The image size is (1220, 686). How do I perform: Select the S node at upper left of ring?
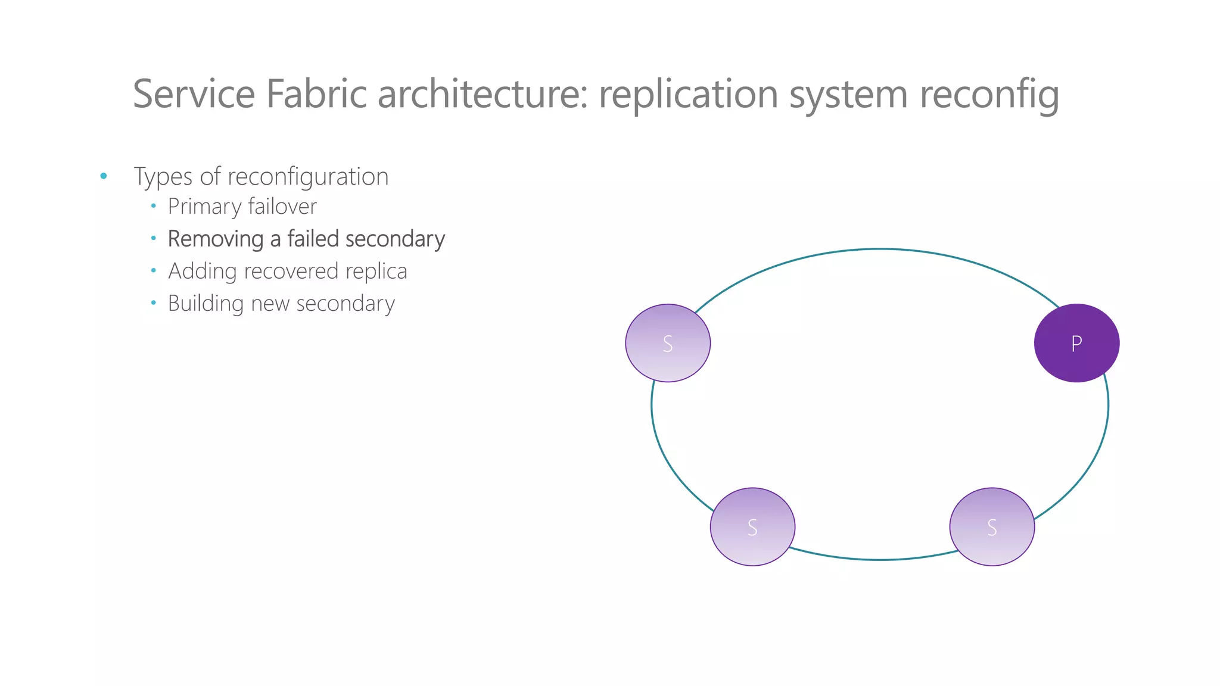[667, 344]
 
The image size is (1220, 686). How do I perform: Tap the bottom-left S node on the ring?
[752, 527]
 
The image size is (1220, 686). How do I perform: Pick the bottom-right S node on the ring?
[992, 527]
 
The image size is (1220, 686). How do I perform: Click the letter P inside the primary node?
[1076, 344]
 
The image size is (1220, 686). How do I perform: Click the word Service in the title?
[194, 94]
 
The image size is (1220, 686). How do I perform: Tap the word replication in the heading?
[688, 94]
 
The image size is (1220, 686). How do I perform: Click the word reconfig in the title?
[989, 94]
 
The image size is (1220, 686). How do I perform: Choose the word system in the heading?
[848, 94]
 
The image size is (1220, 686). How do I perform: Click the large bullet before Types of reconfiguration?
[104, 176]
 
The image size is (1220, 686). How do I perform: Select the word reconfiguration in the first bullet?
[308, 177]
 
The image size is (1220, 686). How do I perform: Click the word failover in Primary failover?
[282, 207]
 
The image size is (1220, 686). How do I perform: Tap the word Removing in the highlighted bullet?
[216, 239]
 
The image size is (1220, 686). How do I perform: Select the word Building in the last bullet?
[206, 304]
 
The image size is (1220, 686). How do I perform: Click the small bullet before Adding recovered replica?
[154, 271]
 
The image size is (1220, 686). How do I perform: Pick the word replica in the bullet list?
[376, 272]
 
